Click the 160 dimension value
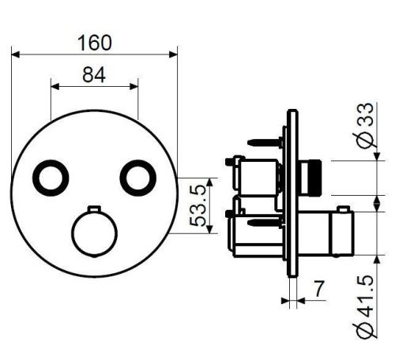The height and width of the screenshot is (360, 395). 95,43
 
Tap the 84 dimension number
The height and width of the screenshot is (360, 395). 94,75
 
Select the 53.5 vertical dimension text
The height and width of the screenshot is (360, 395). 197,205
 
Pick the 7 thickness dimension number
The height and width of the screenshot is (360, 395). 319,289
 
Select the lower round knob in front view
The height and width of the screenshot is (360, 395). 95,234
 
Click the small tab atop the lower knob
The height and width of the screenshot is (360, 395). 94,208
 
